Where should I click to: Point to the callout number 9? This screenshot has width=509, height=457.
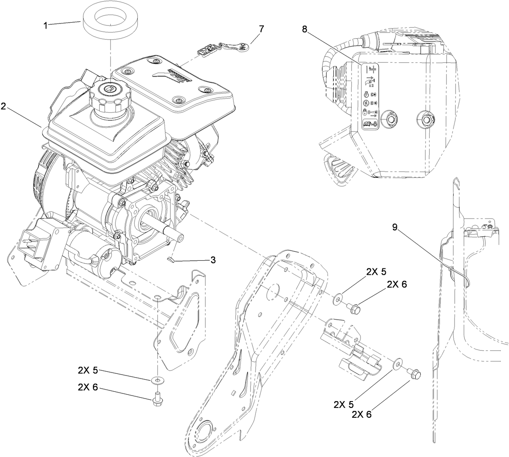(x=395, y=227)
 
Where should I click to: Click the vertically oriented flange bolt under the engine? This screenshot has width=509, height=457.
(x=157, y=398)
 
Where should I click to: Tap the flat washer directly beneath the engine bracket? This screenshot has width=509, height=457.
(x=157, y=379)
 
